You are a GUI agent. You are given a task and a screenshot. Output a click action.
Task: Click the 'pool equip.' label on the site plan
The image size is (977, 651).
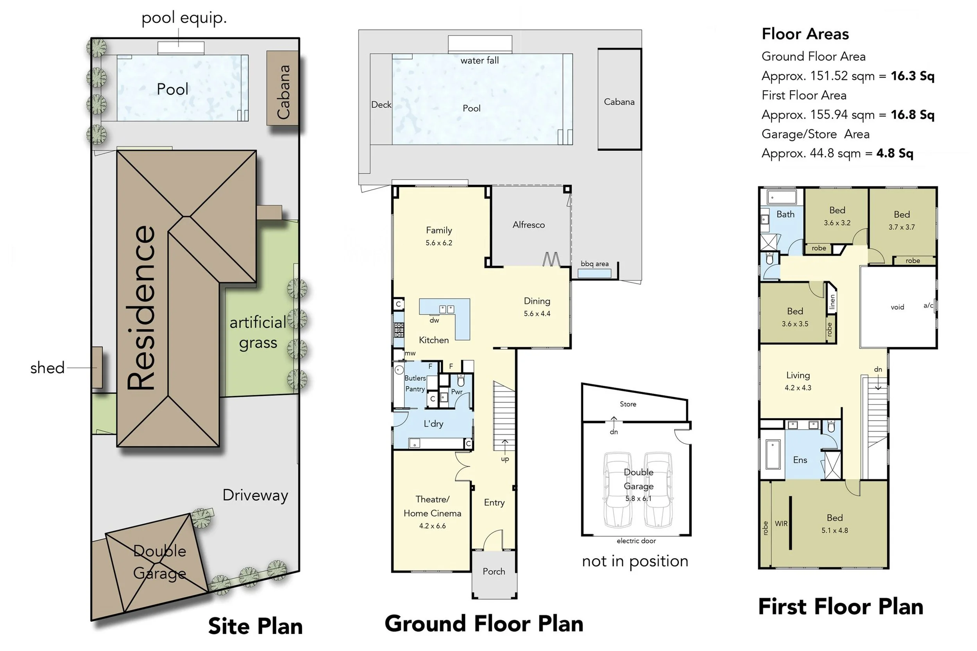point(184,18)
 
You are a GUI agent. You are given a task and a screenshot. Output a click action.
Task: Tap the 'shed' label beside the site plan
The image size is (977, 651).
point(47,368)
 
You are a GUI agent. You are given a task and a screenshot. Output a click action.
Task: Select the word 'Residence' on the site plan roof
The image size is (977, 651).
point(141,308)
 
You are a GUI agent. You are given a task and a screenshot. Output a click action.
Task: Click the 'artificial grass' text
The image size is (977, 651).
point(258,333)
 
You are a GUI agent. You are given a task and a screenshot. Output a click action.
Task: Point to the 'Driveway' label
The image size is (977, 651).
point(255,496)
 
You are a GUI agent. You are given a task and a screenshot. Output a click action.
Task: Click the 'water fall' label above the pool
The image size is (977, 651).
point(480,60)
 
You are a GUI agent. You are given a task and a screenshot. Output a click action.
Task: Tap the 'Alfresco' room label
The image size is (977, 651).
point(528,225)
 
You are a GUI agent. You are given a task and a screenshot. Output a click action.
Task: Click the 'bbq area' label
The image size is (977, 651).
point(594,264)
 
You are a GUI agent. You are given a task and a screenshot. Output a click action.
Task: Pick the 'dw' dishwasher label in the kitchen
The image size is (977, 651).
point(434,320)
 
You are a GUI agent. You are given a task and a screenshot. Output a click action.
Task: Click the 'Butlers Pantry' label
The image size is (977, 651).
point(415,383)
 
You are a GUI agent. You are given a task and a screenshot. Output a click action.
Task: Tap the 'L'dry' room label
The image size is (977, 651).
point(433,423)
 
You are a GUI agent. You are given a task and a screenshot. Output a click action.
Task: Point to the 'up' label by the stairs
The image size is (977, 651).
point(505,459)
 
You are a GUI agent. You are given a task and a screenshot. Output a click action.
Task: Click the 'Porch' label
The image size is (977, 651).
point(494,571)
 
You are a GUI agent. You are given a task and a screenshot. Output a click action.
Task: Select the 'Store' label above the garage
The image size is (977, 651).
point(628,404)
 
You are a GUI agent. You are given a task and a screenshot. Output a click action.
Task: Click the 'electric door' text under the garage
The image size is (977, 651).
point(636,540)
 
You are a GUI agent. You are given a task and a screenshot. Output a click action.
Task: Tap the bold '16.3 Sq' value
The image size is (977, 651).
point(912,76)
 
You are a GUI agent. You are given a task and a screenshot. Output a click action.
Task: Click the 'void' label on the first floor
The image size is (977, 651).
point(897,307)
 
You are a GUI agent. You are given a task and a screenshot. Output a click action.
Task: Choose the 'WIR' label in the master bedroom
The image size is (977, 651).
point(781,524)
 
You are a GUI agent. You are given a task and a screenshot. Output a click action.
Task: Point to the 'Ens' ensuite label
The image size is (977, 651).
point(800,460)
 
